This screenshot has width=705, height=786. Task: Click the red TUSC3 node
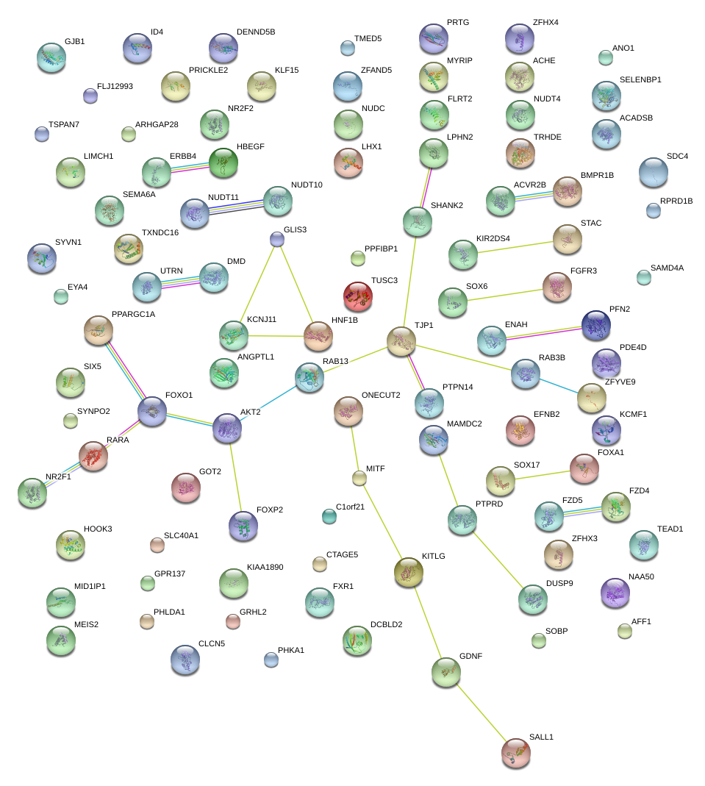tap(358, 296)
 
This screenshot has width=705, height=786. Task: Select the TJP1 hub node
tap(401, 341)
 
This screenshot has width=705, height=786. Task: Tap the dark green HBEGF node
tap(223, 163)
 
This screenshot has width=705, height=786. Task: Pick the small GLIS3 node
tap(277, 239)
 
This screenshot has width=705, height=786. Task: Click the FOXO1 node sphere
tap(152, 412)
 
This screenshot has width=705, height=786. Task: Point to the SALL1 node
tap(516, 753)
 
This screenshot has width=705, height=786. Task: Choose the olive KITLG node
tap(409, 572)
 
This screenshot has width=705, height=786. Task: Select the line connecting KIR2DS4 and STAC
tap(515, 247)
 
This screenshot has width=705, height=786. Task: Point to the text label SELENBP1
tap(640, 79)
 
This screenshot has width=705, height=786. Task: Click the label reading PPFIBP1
tap(381, 249)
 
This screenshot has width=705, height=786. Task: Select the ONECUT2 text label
tap(381, 395)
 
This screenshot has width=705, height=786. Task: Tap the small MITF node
tap(359, 478)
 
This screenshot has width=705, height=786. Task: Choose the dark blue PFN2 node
tap(596, 325)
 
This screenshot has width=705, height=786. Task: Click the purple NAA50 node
tap(615, 593)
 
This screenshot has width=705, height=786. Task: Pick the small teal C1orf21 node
tap(329, 516)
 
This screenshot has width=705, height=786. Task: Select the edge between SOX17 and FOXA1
tap(543, 475)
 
